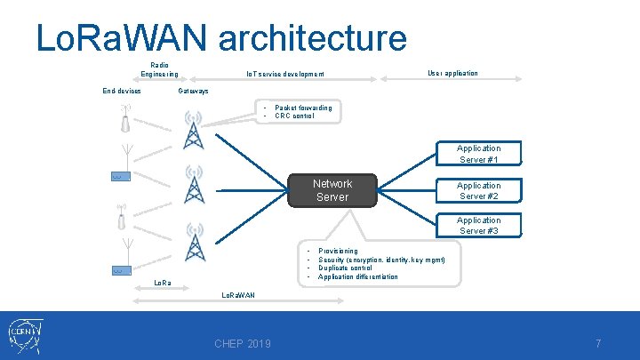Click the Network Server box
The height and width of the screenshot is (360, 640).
point(332,190)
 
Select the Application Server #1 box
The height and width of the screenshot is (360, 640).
point(478,154)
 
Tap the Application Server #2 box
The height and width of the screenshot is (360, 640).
point(478,190)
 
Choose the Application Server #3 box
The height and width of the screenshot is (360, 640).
point(478,226)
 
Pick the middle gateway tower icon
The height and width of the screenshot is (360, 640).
point(193,185)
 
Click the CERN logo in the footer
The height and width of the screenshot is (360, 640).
point(27,335)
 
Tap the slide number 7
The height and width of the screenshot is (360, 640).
point(598,344)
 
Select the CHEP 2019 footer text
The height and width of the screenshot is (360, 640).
point(243,344)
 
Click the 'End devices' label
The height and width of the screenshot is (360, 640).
point(121,91)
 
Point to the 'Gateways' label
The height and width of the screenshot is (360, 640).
point(193,91)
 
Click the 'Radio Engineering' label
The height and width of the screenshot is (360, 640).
point(159,69)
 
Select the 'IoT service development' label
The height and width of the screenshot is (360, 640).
point(284,74)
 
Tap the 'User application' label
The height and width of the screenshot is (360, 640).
point(452,73)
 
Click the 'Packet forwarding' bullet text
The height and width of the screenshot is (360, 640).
point(303,108)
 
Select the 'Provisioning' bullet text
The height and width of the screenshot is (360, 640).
point(338,251)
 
